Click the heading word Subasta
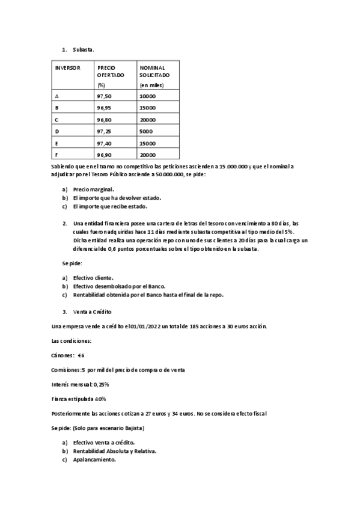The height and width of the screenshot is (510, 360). click(x=83, y=49)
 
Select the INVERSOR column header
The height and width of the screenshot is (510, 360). click(x=67, y=68)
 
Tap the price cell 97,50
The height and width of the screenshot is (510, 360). click(x=104, y=96)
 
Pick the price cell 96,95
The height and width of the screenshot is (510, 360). click(x=104, y=108)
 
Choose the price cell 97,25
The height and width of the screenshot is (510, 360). click(x=104, y=131)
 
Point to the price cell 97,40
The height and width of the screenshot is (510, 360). click(x=104, y=143)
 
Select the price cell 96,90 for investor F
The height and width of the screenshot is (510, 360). click(x=104, y=155)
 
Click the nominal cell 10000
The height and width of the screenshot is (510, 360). click(x=147, y=96)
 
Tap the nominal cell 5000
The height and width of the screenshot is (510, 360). click(x=145, y=131)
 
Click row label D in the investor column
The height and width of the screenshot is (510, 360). click(x=56, y=131)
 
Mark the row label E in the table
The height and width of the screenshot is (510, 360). click(x=56, y=143)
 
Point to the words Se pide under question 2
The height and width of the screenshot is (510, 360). click(x=72, y=263)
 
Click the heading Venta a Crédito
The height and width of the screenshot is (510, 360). click(x=92, y=312)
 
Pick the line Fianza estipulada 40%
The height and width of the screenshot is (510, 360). click(x=79, y=399)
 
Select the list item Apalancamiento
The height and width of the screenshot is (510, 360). click(x=94, y=461)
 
